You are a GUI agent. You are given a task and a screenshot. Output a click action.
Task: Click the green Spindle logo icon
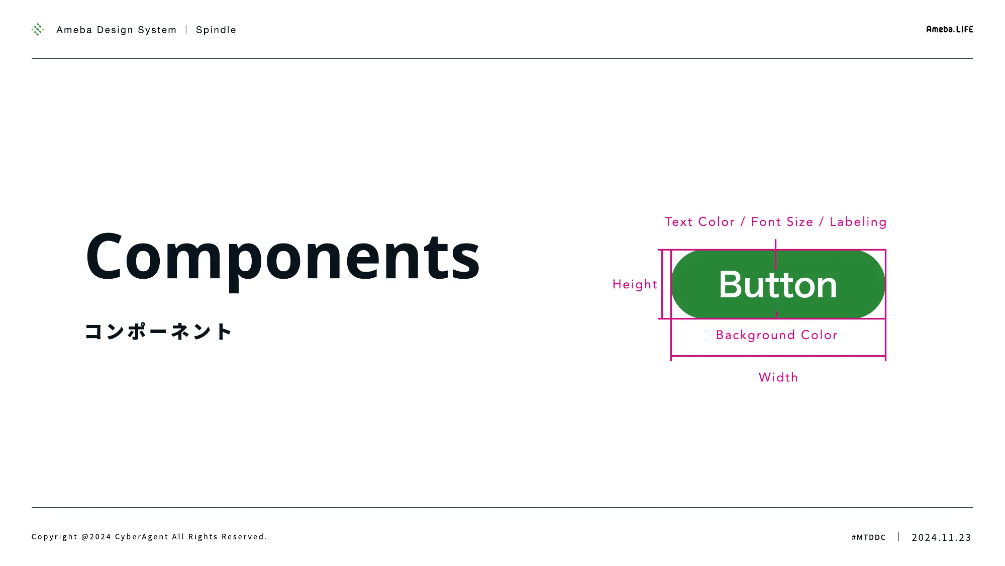tap(38, 29)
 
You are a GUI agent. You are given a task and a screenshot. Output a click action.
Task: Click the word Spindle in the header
tap(216, 30)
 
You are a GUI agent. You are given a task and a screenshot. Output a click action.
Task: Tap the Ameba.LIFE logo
tap(950, 29)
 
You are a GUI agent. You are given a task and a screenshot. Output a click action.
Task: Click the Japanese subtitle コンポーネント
tap(158, 332)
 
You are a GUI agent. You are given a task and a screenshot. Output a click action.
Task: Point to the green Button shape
tap(778, 284)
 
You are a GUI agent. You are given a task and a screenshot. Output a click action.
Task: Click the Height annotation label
tap(635, 284)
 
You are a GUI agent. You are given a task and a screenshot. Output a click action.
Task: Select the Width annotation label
tap(778, 377)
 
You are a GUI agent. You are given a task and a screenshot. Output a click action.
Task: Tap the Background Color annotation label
tap(777, 335)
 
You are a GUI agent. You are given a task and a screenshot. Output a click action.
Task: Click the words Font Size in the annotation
tap(782, 222)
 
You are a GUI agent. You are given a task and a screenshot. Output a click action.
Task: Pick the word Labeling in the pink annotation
tap(858, 222)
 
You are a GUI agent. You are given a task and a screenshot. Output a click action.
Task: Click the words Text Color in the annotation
tap(700, 222)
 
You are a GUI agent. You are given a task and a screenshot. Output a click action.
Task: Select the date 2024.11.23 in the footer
tap(942, 537)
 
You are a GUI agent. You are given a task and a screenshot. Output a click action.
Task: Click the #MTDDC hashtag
tap(869, 537)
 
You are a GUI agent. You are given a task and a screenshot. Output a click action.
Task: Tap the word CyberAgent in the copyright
tap(142, 537)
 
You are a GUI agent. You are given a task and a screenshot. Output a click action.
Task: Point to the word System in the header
tap(157, 30)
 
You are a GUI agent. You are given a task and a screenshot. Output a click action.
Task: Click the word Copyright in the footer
tap(55, 537)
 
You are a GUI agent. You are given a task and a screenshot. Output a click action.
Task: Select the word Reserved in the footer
tap(244, 537)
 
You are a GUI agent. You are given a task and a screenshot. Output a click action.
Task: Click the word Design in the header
tap(115, 30)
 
